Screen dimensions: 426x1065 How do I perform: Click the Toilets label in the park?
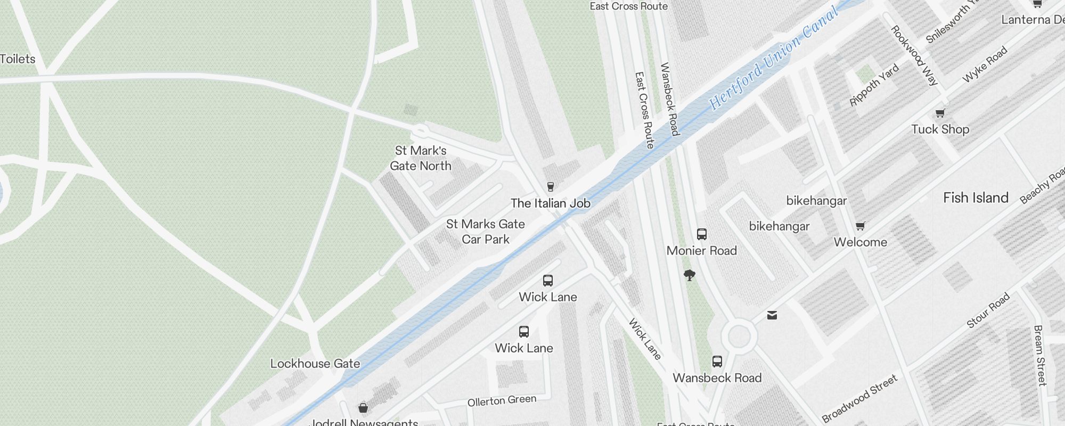point(18,59)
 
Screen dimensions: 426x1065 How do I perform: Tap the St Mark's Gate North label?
point(421,158)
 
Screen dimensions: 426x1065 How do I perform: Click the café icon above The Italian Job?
point(551,187)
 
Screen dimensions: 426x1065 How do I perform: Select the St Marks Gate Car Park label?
point(486,232)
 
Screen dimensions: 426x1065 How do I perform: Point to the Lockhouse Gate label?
point(315,364)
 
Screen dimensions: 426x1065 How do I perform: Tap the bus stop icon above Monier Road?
point(702,234)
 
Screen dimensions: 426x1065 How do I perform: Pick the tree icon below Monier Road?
point(690,275)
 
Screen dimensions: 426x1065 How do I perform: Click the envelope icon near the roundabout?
point(772,315)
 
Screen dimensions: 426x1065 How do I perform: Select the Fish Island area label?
point(976,198)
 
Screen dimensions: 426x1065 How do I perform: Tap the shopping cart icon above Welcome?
point(861,226)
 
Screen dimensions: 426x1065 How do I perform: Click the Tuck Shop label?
point(940,129)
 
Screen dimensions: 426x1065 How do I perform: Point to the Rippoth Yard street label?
point(874,85)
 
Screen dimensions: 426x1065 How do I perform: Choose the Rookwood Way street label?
point(914,55)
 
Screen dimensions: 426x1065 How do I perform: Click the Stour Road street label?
point(988,310)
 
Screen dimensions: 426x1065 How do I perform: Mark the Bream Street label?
point(1039,355)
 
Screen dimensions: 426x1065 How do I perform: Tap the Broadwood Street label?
point(860,397)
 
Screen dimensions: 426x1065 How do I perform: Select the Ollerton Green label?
point(502,400)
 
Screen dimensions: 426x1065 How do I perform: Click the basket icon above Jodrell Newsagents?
point(363,408)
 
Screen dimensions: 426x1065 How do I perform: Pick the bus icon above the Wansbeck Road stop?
point(717,362)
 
